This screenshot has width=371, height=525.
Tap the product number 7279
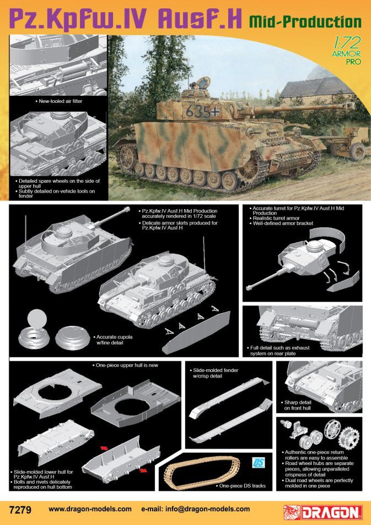point(20,510)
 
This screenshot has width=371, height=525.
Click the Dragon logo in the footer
point(323,512)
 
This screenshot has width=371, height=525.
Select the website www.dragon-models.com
point(90,509)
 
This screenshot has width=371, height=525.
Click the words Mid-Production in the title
point(305,22)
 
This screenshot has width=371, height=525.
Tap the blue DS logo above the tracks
point(259,462)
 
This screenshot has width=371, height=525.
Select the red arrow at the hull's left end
point(104,448)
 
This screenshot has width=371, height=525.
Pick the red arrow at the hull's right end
point(143,471)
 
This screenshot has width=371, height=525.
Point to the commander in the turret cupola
point(193,85)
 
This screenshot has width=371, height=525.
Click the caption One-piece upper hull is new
point(125,365)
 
